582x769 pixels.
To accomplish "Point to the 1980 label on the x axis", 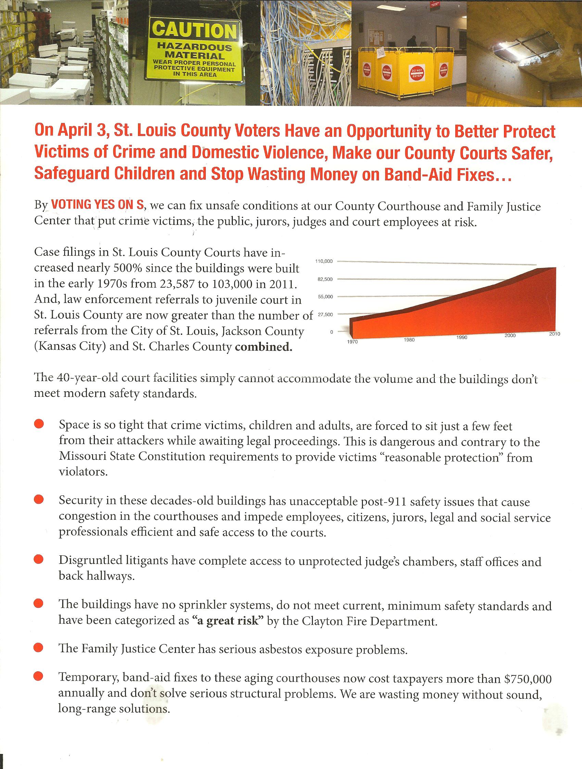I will click(409, 340).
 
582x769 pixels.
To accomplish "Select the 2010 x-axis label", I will click(554, 334).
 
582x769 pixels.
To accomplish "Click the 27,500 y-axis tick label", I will click(326, 315).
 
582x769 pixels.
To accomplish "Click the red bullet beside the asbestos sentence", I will click(38, 648).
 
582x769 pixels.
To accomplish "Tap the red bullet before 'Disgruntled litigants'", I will click(38, 559).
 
